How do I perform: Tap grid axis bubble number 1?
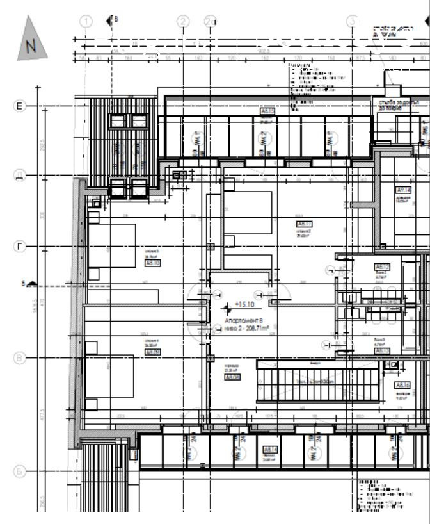[88, 21]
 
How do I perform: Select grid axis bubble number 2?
[184, 21]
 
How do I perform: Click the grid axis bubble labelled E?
[20, 106]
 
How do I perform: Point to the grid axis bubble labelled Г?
[20, 247]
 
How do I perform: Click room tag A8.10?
[152, 263]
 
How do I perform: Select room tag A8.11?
[303, 224]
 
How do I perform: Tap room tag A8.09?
[152, 352]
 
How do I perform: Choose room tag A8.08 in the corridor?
[232, 377]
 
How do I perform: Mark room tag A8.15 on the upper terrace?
[267, 111]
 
